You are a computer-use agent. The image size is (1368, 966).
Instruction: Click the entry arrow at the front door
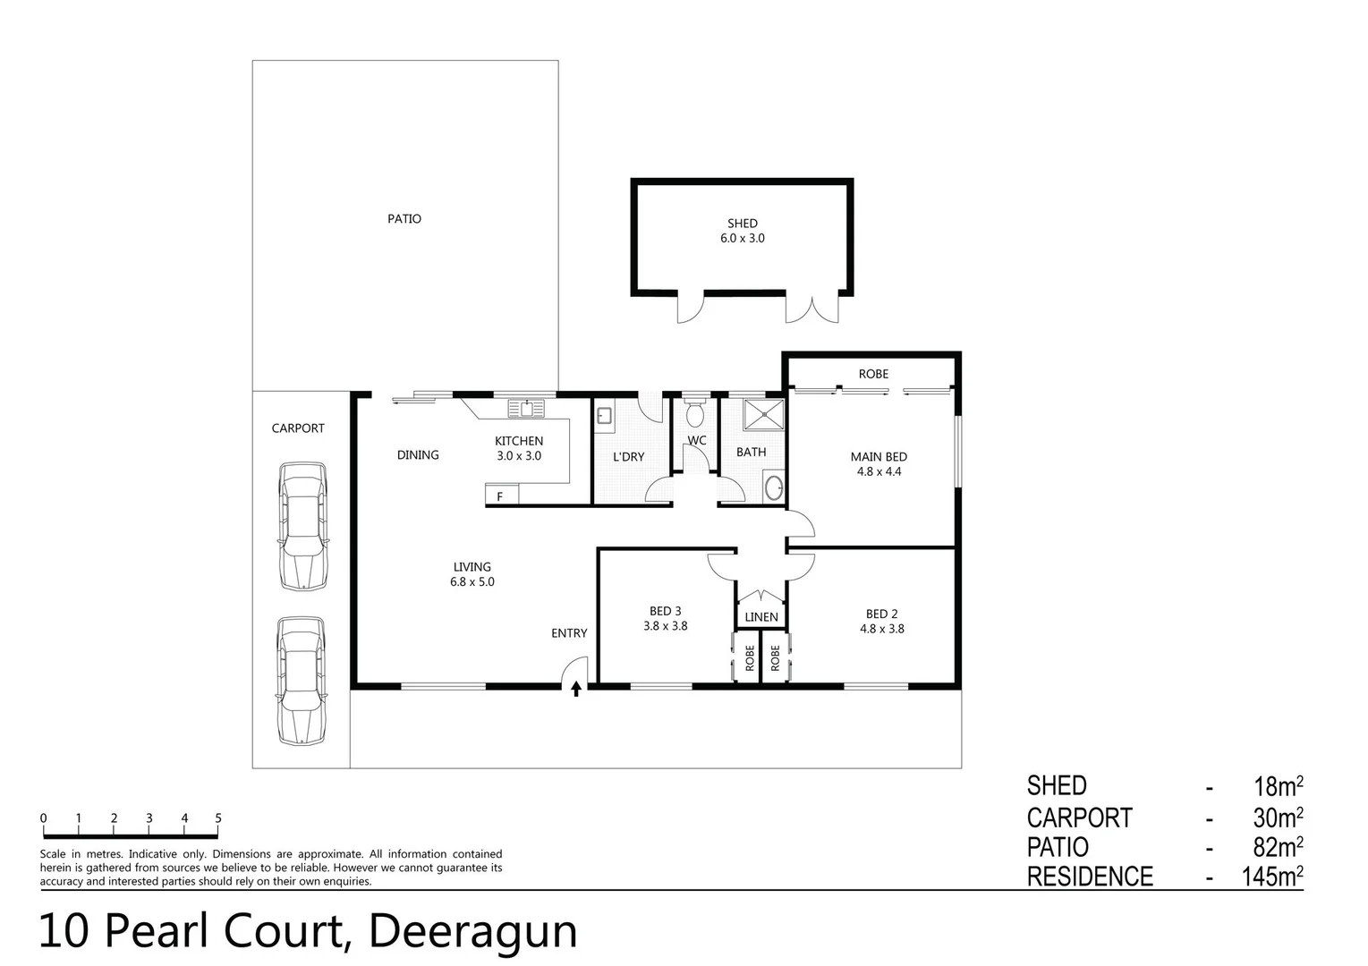576,688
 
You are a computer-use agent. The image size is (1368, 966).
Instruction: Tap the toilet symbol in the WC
694,415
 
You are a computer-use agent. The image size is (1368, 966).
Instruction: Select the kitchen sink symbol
526,409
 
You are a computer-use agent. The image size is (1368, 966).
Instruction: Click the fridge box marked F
500,496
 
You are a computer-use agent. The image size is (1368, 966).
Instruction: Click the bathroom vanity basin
774,488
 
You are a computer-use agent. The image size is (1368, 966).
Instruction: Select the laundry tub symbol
604,415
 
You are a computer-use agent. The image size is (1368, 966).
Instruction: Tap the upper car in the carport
302,526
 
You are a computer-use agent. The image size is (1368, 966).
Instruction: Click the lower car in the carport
302,681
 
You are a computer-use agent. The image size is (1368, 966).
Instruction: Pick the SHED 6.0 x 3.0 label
742,231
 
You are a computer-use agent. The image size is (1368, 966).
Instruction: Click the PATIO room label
404,219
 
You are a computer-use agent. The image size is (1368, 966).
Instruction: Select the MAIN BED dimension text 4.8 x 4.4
879,471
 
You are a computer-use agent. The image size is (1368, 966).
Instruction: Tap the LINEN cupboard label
761,617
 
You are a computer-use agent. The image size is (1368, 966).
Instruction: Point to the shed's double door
813,309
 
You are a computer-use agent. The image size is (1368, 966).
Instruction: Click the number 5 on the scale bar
218,818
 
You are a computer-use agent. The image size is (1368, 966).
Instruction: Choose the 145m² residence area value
1271,877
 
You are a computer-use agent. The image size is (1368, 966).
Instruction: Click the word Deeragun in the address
472,931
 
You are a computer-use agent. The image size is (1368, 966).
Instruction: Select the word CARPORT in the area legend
1079,818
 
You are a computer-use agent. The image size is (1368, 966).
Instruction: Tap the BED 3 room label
665,612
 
